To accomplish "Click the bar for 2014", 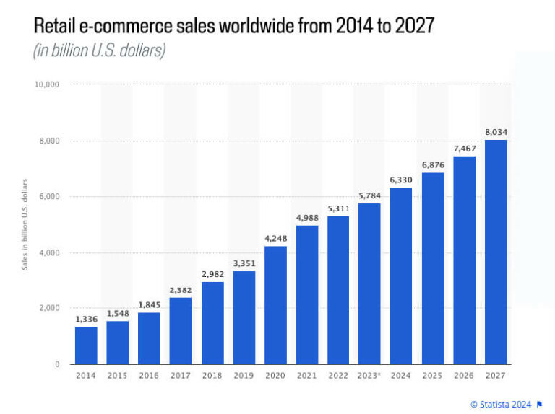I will tap(86, 345).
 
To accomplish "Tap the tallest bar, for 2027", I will tap(496, 252).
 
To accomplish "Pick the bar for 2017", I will tap(181, 331).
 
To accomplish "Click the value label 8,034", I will tap(496, 131).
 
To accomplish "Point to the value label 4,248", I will tap(275, 237).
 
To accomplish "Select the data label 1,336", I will tap(86, 318).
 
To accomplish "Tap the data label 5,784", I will tap(369, 195).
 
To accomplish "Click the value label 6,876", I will tap(433, 164).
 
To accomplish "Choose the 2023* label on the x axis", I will tap(369, 376).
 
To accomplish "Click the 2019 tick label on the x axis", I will tap(244, 376).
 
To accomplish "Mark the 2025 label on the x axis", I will tap(433, 376).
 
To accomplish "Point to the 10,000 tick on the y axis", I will tap(47, 85).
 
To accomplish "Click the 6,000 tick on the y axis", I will tap(49, 197).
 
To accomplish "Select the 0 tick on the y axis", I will tap(56, 365).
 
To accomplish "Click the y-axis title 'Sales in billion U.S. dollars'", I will tap(25, 224).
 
